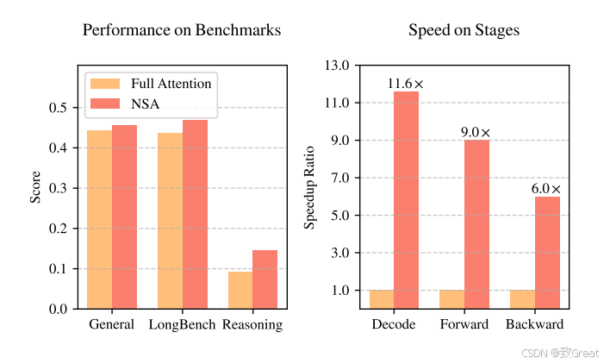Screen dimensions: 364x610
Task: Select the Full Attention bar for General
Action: (x=100, y=219)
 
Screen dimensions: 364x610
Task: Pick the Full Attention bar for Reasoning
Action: (x=240, y=290)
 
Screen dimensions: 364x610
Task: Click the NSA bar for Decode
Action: (x=406, y=200)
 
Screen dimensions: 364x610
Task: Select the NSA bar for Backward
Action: (x=547, y=252)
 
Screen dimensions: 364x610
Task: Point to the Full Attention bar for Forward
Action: (x=452, y=299)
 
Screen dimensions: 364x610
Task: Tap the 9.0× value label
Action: (x=476, y=133)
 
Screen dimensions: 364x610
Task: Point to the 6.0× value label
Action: (x=546, y=189)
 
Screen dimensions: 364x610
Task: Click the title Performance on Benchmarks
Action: (x=182, y=30)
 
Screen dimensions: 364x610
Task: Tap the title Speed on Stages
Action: (x=464, y=30)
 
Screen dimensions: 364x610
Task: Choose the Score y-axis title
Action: (x=35, y=188)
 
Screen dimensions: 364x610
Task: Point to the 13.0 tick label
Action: (x=337, y=66)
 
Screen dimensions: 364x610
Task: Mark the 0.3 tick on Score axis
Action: (x=58, y=188)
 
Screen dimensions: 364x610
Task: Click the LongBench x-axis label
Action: (x=182, y=325)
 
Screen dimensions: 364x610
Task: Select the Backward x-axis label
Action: (x=534, y=325)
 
